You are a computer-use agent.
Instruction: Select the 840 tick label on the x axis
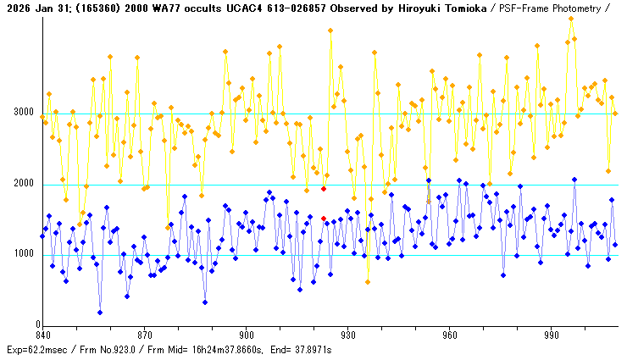coord(43,335)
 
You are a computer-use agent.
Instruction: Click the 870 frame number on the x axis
coord(145,335)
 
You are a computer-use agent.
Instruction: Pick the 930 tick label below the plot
coord(348,335)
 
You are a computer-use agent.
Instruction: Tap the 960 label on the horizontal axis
coord(450,335)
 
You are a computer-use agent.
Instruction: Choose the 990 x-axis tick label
coord(552,335)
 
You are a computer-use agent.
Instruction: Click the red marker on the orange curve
coord(324,189)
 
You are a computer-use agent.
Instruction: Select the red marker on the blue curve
coord(324,219)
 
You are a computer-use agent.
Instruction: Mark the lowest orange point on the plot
coord(368,282)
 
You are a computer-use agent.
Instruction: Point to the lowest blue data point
coord(100,313)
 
